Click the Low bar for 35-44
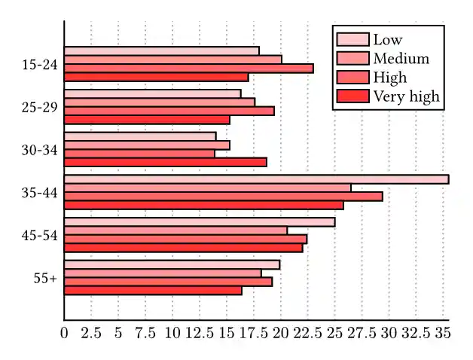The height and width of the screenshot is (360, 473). click(256, 179)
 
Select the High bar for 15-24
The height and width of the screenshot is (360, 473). click(188, 69)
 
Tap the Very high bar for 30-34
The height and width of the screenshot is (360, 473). click(165, 162)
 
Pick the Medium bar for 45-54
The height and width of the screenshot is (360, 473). click(175, 230)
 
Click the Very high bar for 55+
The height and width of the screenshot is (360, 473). click(153, 290)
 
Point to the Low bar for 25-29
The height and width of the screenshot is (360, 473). click(152, 94)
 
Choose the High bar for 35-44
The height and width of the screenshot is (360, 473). click(223, 197)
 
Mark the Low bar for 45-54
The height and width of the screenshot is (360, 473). click(200, 222)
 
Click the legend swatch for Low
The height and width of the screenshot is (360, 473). click(352, 40)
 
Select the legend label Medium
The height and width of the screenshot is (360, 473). click(401, 59)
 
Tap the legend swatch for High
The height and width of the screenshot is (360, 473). click(352, 78)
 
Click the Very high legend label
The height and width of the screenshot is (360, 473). click(406, 96)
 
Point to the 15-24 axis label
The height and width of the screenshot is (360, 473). click(40, 65)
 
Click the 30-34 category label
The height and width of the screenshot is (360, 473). click(40, 150)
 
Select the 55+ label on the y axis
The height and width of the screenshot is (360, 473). click(45, 278)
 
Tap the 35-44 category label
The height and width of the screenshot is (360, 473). click(40, 193)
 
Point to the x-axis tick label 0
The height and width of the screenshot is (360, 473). click(65, 332)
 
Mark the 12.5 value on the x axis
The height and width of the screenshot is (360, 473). click(200, 332)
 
